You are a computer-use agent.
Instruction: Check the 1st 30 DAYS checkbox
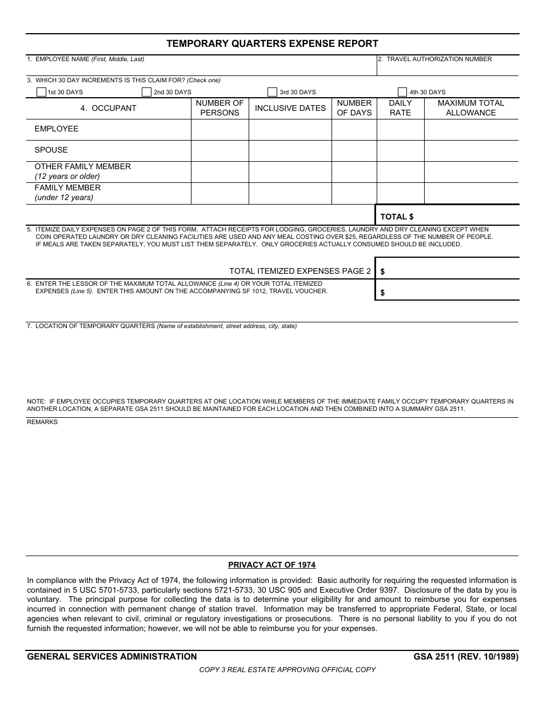tap(41, 92)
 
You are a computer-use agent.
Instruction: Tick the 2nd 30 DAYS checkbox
tap(147, 92)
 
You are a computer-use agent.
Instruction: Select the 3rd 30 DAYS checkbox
tap(273, 92)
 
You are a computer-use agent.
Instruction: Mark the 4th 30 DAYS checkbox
tap(402, 92)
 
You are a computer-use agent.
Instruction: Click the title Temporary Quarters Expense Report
tap(272, 43)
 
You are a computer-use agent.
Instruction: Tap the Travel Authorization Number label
tap(438, 59)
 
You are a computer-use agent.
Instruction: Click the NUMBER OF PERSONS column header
tap(219, 108)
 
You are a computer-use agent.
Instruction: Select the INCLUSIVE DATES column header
tap(290, 108)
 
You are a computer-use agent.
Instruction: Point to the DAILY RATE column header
tap(400, 108)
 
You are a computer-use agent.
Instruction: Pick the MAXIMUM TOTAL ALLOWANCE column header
tap(471, 108)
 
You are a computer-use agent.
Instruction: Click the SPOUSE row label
tap(51, 150)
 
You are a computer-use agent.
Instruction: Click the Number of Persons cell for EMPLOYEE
tap(219, 130)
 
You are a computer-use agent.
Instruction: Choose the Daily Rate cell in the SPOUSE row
tap(400, 151)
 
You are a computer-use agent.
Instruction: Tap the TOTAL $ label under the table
tap(397, 217)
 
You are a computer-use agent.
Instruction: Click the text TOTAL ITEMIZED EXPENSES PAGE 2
tap(300, 271)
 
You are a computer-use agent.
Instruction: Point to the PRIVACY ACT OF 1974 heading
tap(271, 565)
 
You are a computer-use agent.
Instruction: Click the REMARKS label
tap(42, 422)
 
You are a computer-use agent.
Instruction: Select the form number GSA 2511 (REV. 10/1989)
tap(466, 657)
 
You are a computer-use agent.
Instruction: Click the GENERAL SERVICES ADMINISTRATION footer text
tap(112, 657)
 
